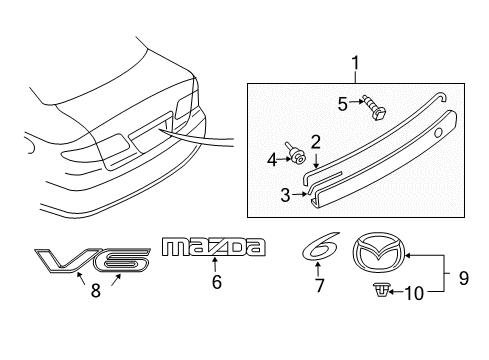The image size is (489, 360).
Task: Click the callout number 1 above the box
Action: (x=356, y=63)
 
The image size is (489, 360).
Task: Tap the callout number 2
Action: (x=315, y=142)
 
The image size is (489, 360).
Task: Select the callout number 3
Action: (x=285, y=195)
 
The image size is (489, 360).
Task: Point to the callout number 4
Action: (x=272, y=160)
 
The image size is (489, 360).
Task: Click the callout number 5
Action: (x=343, y=104)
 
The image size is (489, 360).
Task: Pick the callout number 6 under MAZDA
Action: (x=217, y=282)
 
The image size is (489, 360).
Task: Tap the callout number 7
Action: (x=319, y=286)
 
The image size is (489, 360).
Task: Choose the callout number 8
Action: (x=96, y=291)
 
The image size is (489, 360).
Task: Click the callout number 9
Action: (x=464, y=278)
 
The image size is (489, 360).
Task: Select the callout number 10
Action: (x=414, y=294)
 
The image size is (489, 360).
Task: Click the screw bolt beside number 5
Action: (x=375, y=107)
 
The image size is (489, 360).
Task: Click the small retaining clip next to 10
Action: (x=380, y=290)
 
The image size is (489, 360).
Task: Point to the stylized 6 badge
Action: (x=321, y=247)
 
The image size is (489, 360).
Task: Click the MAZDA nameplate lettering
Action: (x=214, y=247)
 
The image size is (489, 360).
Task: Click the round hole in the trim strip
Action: (x=438, y=133)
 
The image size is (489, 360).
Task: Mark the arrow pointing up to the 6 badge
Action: (x=318, y=269)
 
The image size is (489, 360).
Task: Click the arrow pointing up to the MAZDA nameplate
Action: (x=215, y=265)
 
